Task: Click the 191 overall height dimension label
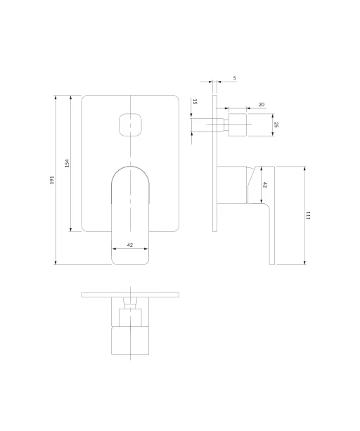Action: coord(52,180)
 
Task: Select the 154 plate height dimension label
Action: coord(67,163)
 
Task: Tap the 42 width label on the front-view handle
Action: coord(130,245)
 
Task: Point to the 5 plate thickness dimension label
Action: coord(234,78)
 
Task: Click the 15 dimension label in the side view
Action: coord(195,102)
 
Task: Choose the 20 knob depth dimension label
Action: coord(262,105)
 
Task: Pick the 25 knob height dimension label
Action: coord(276,124)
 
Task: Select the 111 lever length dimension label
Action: coord(308,215)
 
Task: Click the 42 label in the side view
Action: coord(265,185)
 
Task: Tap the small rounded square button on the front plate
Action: coord(130,124)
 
